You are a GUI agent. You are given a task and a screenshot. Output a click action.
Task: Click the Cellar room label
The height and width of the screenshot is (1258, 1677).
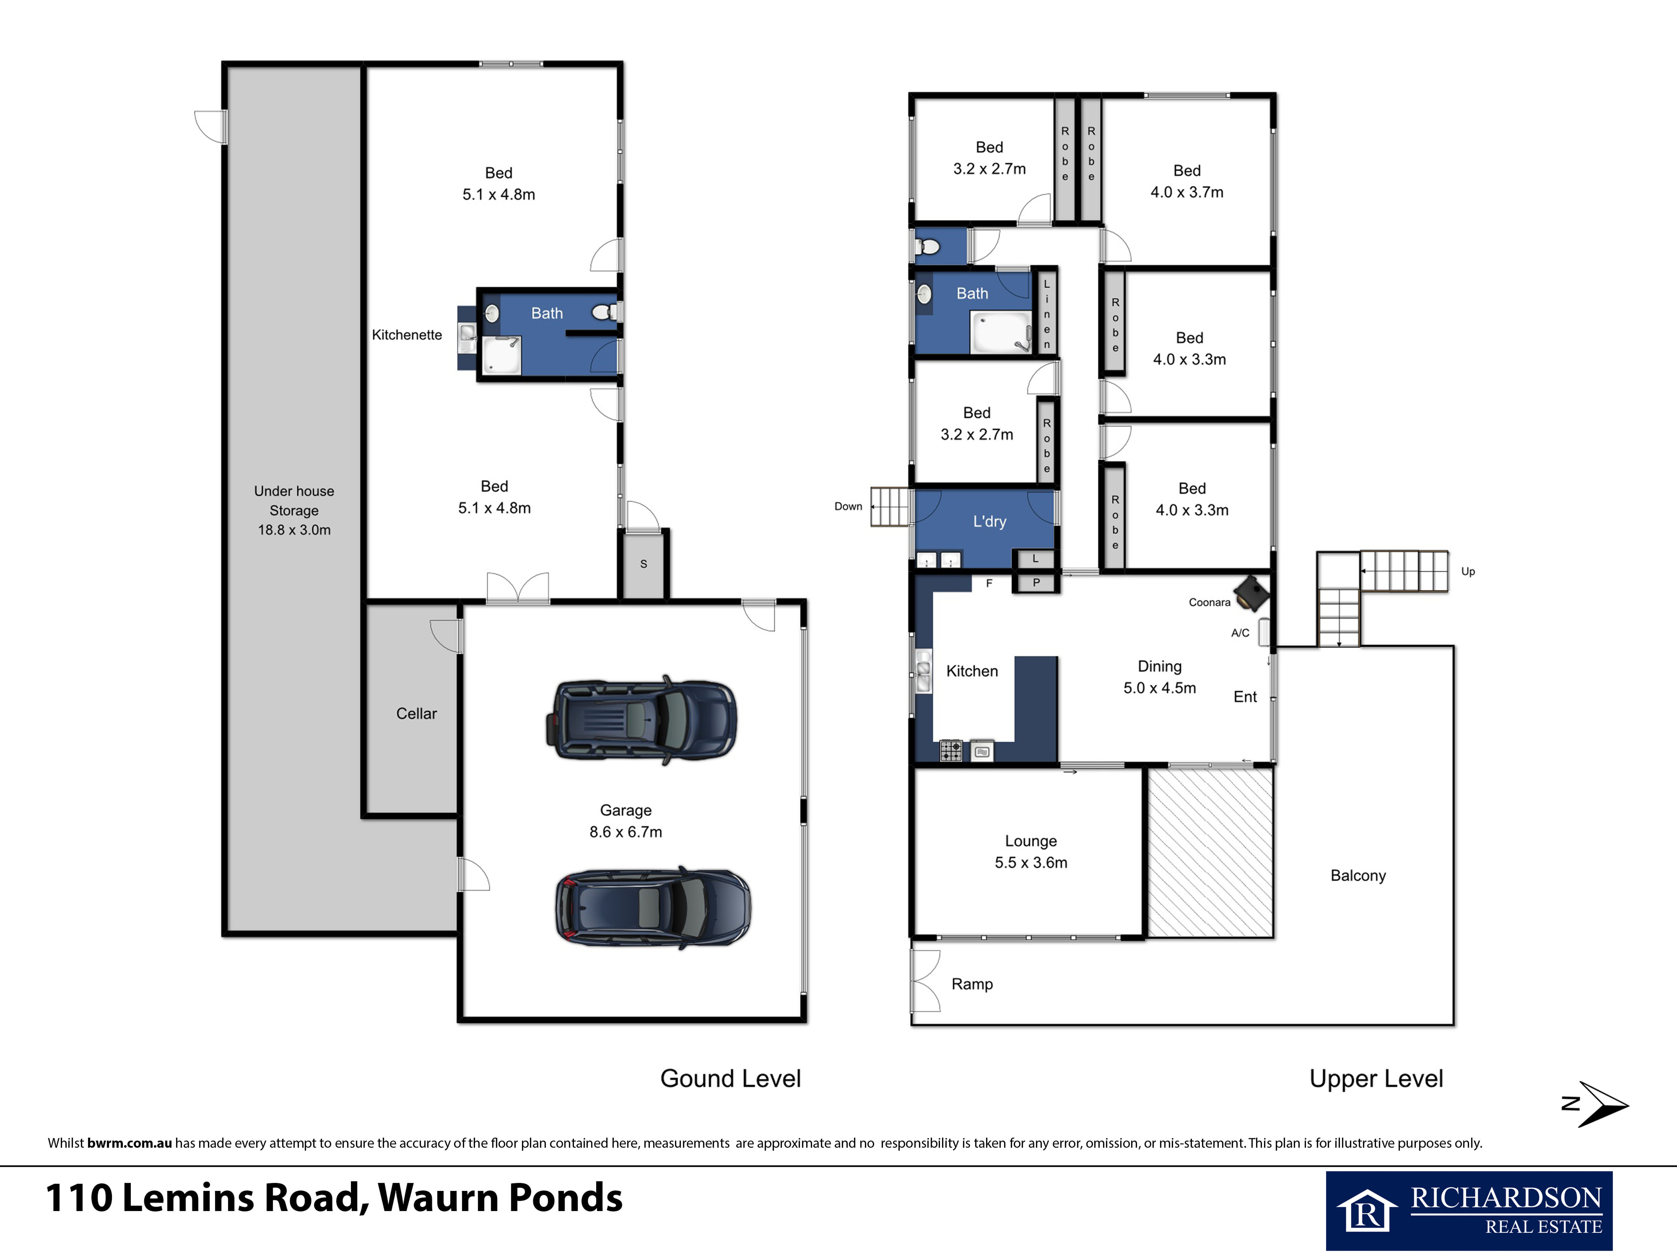pyautogui.click(x=416, y=713)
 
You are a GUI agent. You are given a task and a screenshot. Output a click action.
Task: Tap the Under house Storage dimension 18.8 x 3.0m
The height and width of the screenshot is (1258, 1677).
pyautogui.click(x=294, y=530)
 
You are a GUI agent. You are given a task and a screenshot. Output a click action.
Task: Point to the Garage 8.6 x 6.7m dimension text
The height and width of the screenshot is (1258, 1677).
pyautogui.click(x=625, y=832)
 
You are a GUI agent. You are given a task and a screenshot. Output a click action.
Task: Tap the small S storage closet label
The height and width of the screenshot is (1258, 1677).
pyautogui.click(x=644, y=564)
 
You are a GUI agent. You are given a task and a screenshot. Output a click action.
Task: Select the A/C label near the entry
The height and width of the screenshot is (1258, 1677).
pyautogui.click(x=1240, y=633)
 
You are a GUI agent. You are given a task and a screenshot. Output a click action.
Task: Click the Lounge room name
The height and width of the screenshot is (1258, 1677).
pyautogui.click(x=1031, y=841)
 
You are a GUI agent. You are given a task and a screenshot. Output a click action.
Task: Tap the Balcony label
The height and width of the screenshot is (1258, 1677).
pyautogui.click(x=1358, y=876)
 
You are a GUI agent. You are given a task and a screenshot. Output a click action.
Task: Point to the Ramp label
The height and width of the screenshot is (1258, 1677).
pyautogui.click(x=972, y=984)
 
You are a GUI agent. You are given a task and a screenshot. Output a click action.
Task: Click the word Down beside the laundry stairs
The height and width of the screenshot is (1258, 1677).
pyautogui.click(x=848, y=507)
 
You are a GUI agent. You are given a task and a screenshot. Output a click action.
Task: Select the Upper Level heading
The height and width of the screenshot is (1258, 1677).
pyautogui.click(x=1376, y=1079)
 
